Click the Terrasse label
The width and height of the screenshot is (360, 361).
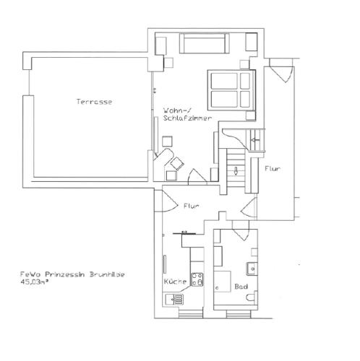click(94, 102)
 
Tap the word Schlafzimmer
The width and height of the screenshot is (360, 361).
click(187, 118)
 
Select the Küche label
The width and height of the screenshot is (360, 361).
click(175, 282)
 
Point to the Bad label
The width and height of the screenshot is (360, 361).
click(241, 287)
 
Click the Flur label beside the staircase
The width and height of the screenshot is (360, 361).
click(273, 169)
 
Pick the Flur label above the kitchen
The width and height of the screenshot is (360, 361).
click(192, 206)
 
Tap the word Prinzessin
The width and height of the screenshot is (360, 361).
click(65, 274)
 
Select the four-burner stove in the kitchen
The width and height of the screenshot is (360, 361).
click(197, 279)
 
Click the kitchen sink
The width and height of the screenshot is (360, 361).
click(174, 300)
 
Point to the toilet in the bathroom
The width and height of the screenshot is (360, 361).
click(252, 297)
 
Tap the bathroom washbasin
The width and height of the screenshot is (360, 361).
click(252, 269)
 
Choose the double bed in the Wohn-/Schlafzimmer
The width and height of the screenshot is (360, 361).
click(231, 90)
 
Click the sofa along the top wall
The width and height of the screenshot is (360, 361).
click(204, 43)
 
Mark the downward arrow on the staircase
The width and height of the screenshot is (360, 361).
click(236, 170)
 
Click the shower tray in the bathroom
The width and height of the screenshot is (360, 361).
click(223, 282)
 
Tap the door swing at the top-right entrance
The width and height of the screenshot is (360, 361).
click(281, 70)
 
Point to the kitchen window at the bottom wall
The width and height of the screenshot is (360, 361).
click(191, 313)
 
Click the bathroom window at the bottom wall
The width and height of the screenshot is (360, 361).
click(239, 313)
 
